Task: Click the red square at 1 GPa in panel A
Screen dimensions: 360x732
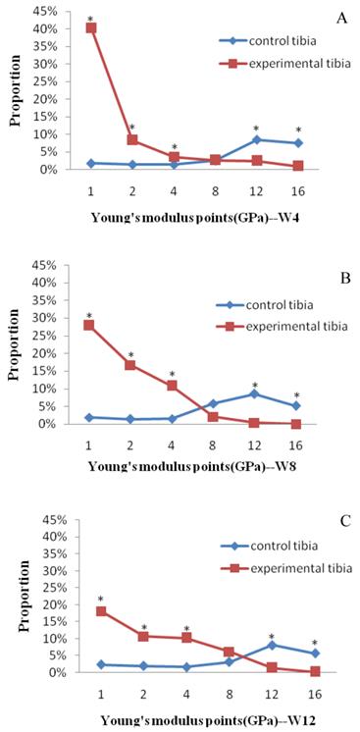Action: click(91, 28)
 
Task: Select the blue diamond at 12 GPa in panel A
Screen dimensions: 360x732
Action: click(256, 139)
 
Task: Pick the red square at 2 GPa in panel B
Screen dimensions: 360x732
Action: click(130, 365)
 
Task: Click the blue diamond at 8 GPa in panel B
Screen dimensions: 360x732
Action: click(214, 403)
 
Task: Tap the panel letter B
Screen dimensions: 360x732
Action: click(342, 281)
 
